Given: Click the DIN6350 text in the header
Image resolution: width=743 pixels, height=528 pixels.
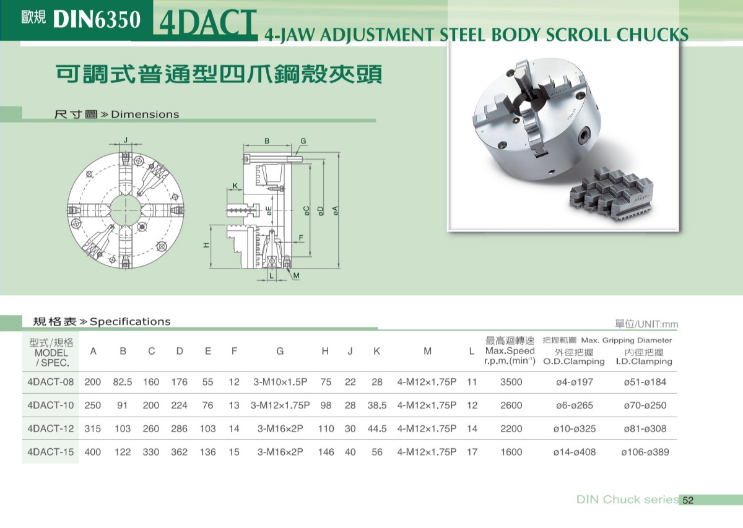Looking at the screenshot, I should pyautogui.click(x=97, y=20).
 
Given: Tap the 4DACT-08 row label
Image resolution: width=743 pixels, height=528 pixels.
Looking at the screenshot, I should pyautogui.click(x=51, y=382).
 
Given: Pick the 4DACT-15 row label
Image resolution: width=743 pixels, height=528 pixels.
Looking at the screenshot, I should pyautogui.click(x=51, y=452).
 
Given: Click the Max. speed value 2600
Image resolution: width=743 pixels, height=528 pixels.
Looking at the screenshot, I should pyautogui.click(x=511, y=405).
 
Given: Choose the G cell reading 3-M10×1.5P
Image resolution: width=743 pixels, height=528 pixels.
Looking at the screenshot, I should pyautogui.click(x=280, y=382).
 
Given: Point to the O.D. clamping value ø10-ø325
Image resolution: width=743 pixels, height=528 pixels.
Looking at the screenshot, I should pyautogui.click(x=574, y=428).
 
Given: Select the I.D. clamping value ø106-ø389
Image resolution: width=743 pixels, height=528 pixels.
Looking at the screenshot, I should pyautogui.click(x=645, y=452).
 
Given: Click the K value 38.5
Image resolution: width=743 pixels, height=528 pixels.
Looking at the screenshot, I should pyautogui.click(x=376, y=405).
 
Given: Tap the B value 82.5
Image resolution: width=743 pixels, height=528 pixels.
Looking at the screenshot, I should pyautogui.click(x=123, y=382).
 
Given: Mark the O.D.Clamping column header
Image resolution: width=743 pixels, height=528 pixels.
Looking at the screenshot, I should pyautogui.click(x=574, y=361).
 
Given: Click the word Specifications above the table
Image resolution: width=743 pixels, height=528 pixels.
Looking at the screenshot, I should pyautogui.click(x=130, y=321).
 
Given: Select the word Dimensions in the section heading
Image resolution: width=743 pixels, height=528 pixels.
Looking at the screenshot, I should pyautogui.click(x=145, y=115).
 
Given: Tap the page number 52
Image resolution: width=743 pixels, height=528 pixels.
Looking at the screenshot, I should pyautogui.click(x=688, y=501).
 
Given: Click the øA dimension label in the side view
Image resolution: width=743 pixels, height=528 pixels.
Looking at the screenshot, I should pyautogui.click(x=336, y=210).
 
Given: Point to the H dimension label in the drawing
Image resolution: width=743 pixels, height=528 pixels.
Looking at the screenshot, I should pyautogui.click(x=207, y=245).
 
